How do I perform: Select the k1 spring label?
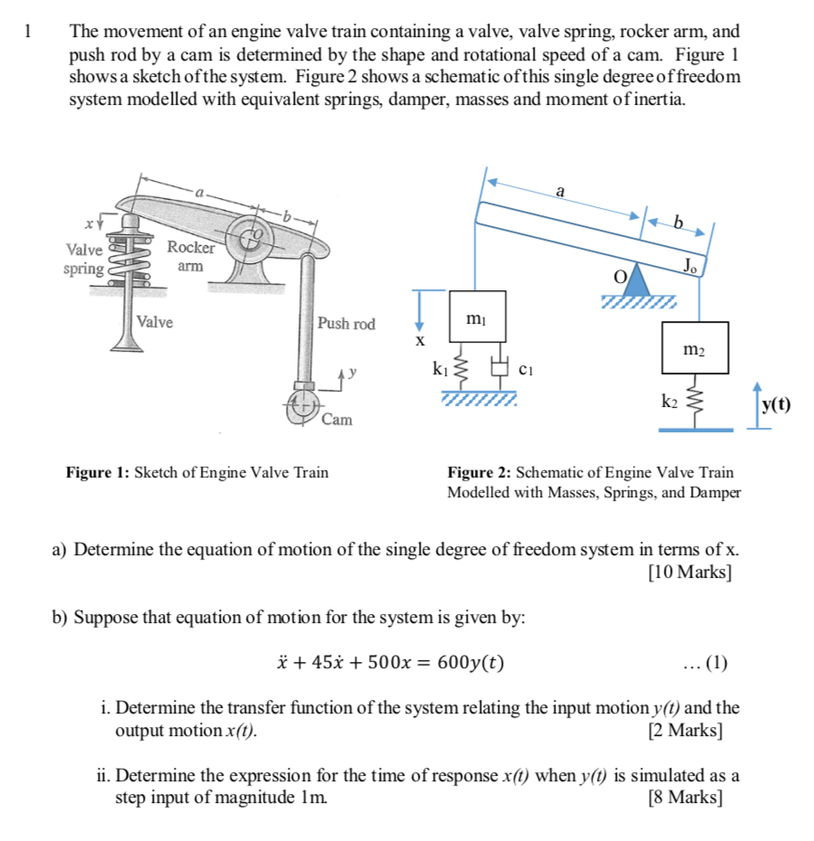440,369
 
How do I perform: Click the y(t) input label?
774,404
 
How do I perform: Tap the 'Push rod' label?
345,324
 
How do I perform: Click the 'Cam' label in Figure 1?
337,420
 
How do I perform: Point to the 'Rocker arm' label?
191,257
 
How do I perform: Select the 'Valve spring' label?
83,260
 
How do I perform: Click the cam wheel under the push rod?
300,405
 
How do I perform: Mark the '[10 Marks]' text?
690,572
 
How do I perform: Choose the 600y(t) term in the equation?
470,663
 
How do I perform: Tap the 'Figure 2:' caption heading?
479,472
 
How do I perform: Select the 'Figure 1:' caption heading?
98,472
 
